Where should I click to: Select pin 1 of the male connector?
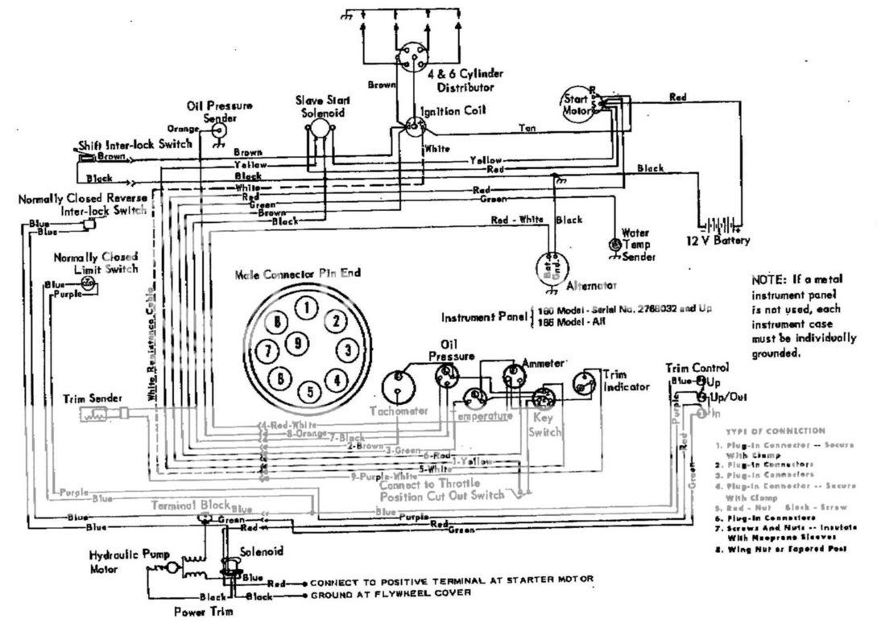click(304, 307)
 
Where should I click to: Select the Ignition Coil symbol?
click(416, 126)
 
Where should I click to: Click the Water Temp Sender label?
click(634, 244)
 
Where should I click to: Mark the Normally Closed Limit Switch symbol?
click(89, 284)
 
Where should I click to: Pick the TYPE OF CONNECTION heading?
click(775, 431)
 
